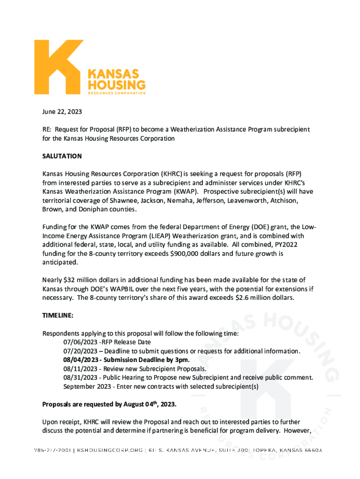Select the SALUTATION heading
pos(62,156)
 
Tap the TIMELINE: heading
pos(58,316)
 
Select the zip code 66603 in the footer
pos(310,450)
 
